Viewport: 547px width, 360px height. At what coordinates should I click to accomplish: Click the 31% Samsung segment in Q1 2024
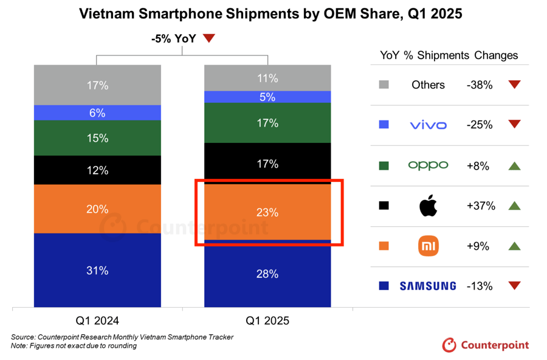[x=97, y=270]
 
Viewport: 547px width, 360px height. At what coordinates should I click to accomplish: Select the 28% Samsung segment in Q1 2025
[x=267, y=274]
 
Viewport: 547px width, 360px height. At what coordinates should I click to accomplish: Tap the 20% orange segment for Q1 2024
[x=97, y=209]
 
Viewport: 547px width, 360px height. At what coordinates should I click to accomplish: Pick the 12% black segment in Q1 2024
[x=97, y=170]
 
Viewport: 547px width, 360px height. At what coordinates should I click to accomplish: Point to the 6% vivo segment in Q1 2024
[x=97, y=112]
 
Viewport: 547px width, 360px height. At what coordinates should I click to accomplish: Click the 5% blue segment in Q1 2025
[x=267, y=97]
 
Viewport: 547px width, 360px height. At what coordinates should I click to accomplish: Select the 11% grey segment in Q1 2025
[x=267, y=78]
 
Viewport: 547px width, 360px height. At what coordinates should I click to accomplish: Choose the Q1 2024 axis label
[x=97, y=320]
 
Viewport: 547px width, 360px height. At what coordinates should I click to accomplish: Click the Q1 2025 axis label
[x=267, y=320]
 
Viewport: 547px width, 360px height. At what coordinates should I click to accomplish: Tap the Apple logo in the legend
[x=428, y=206]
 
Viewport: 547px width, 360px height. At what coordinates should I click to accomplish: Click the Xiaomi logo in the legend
[x=428, y=246]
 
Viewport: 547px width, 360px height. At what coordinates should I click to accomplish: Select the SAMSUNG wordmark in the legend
[x=428, y=286]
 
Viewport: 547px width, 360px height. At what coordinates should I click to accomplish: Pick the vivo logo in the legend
[x=428, y=125]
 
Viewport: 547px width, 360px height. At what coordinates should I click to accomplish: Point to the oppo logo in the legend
[x=428, y=165]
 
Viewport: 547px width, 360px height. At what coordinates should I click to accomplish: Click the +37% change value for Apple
[x=481, y=206]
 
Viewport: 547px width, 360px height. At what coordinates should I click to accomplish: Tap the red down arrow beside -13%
[x=514, y=286]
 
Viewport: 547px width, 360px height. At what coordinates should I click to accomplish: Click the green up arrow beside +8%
[x=514, y=165]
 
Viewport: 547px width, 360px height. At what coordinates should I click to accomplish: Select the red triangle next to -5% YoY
[x=209, y=38]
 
